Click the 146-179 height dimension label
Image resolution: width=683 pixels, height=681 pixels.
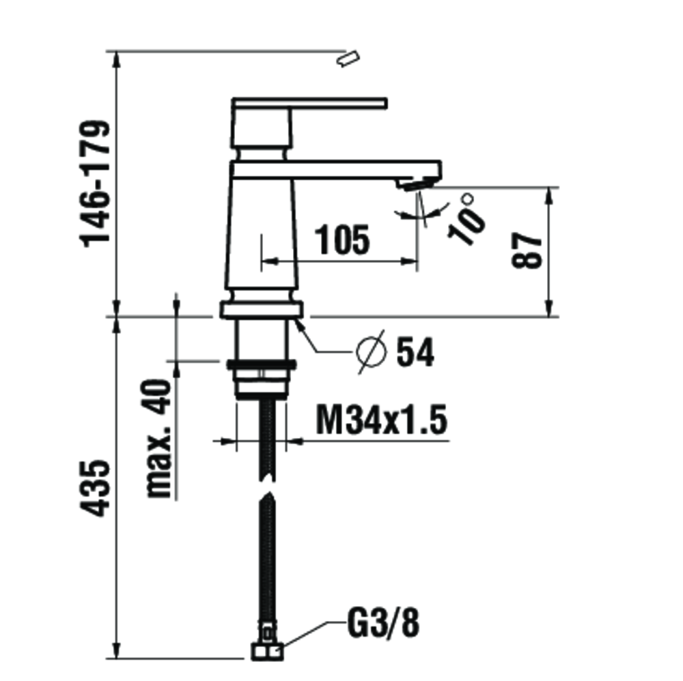pos(95,183)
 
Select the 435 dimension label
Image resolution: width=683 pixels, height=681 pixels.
pos(94,488)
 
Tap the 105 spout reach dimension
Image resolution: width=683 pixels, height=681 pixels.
pos(344,240)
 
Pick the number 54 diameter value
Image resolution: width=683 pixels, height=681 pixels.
pos(415,353)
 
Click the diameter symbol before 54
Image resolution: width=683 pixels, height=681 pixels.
pos(371,351)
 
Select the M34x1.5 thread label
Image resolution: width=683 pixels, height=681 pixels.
pos(382,420)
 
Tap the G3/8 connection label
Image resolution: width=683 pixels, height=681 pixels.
pos(383,624)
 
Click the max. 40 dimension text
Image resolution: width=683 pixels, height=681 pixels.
pos(158,438)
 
